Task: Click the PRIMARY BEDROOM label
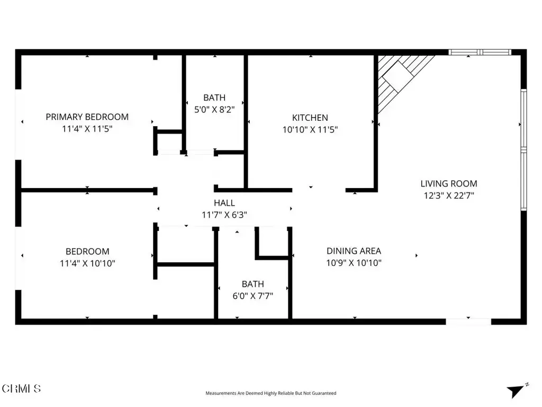point(87,117)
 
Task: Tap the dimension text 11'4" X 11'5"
point(87,129)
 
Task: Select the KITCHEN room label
point(310,118)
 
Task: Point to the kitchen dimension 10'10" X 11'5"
point(310,129)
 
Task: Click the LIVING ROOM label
point(449,183)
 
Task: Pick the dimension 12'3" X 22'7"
point(449,196)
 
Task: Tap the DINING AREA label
point(354,251)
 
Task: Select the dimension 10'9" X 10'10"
point(354,263)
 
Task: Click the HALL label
point(224,202)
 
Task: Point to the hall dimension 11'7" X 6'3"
point(224,215)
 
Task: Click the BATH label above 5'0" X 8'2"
point(214,98)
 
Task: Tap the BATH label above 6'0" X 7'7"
point(252,284)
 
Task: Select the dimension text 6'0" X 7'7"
point(252,296)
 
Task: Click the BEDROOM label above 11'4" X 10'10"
point(87,251)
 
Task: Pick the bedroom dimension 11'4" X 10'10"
point(87,263)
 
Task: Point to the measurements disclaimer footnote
point(270,393)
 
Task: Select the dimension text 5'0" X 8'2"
point(214,110)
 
